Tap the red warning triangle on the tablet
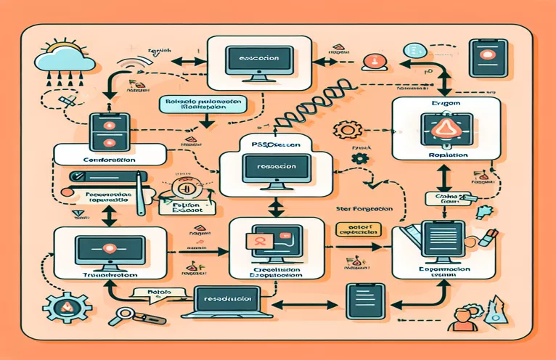pos(444,131)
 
